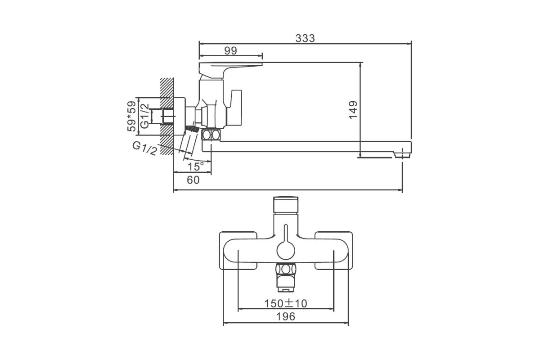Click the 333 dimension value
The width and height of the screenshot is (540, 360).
(305, 38)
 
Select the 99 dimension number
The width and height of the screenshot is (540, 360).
(231, 51)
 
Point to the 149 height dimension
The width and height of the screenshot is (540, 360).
(353, 110)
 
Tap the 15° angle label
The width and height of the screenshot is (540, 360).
(196, 166)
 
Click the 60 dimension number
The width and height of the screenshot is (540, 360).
(193, 180)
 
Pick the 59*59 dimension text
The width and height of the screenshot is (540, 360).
(131, 116)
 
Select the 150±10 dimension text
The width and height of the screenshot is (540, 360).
(286, 304)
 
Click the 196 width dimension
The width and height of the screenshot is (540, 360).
(286, 317)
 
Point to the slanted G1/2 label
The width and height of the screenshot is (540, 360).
(145, 148)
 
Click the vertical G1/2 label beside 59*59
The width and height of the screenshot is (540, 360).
(145, 116)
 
